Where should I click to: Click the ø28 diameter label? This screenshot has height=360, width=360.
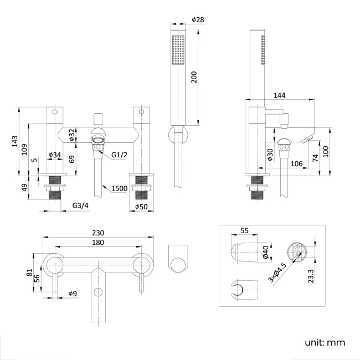click(x=198, y=19)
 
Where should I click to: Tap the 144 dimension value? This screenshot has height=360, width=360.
click(x=280, y=96)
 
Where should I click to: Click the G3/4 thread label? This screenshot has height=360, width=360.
click(x=81, y=206)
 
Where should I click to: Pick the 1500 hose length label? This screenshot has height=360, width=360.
click(x=119, y=188)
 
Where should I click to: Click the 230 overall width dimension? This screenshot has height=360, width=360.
click(x=98, y=234)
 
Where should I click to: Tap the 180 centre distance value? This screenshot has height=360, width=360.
click(x=98, y=243)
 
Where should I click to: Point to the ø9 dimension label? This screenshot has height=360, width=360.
click(x=73, y=293)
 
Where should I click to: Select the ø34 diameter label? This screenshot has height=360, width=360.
click(x=54, y=155)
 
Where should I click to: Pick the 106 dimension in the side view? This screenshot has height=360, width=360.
click(x=296, y=163)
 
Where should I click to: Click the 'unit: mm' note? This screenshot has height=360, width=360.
click(x=325, y=342)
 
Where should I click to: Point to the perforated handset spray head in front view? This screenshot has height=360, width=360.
click(x=178, y=50)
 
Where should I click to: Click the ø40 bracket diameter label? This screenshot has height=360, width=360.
click(x=265, y=253)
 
